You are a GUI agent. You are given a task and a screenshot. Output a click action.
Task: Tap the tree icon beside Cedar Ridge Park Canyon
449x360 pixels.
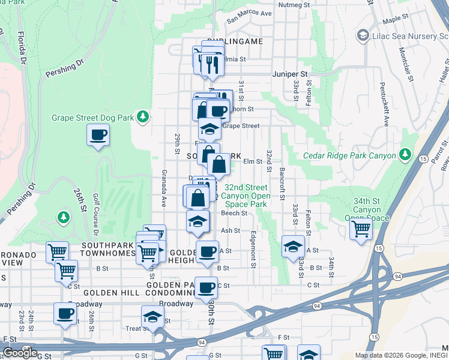click(406, 155)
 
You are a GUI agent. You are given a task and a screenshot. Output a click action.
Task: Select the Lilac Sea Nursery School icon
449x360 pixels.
click(363, 36)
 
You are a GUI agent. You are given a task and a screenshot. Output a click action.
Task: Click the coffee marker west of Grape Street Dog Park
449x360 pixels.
click(98, 135)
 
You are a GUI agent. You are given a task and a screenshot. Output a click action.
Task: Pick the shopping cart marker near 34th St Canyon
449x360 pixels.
click(360, 229)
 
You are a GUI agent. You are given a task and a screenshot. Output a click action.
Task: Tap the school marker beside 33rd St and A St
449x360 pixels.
click(292, 246)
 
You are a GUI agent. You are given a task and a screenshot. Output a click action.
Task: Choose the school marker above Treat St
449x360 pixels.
click(152, 316)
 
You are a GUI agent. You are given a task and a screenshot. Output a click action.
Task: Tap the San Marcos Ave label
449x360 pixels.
click(249, 13)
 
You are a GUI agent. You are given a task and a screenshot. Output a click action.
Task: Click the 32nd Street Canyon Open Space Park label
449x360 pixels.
click(246, 196)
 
